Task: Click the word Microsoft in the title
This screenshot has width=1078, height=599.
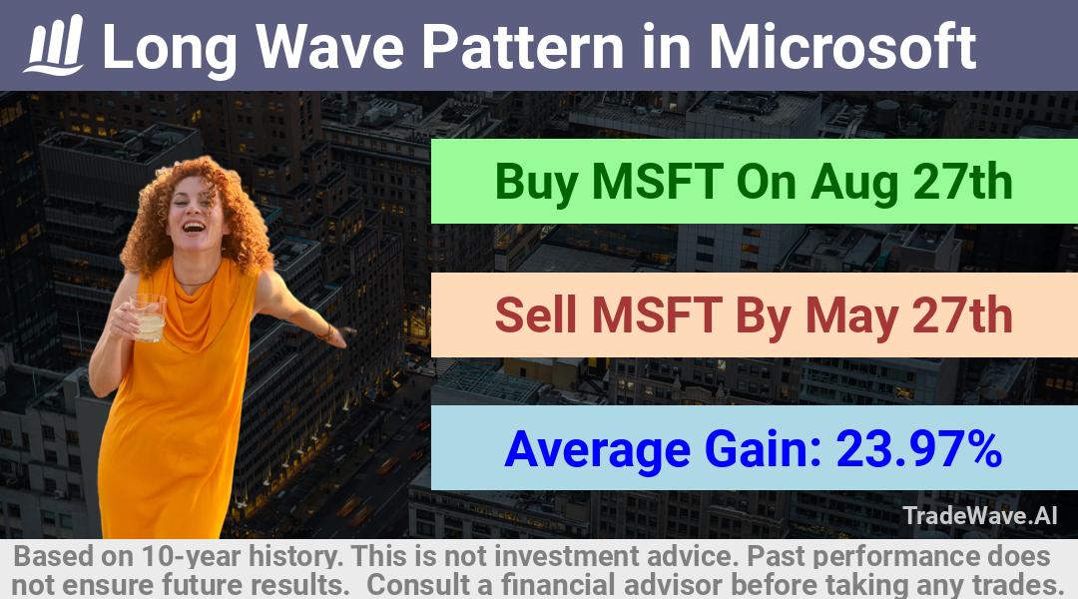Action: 842,46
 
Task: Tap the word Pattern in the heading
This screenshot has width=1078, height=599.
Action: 522,46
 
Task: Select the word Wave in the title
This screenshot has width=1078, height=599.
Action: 330,46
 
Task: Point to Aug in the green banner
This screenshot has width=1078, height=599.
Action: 853,183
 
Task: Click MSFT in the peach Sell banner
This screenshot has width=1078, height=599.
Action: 657,314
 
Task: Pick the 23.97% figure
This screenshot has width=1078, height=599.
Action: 918,448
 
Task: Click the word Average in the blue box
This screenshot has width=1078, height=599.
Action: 597,449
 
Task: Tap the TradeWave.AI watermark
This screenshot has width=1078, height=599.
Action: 980,515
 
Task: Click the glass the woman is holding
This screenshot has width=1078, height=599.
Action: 148,317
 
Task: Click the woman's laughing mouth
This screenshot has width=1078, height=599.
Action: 194,226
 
